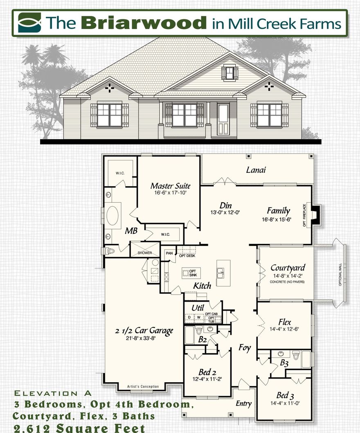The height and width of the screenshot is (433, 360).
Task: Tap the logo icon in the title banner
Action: point(30,23)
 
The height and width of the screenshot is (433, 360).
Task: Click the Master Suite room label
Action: point(170,186)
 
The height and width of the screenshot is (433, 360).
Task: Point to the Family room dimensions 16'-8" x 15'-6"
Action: point(279,219)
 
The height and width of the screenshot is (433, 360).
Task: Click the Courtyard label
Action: point(288,268)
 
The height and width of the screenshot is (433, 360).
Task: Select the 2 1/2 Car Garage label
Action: point(144,331)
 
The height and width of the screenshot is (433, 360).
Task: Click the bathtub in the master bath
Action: point(112,214)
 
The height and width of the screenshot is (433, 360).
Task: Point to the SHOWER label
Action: point(144,253)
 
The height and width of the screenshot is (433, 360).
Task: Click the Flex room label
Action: point(285,322)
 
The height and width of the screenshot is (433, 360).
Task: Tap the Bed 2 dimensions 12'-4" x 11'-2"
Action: point(207,379)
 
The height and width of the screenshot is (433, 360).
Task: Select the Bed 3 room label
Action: point(285,395)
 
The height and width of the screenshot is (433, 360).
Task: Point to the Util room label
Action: point(198,307)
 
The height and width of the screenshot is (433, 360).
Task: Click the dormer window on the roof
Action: point(229,73)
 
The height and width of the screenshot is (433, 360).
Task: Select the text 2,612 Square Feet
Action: point(79,428)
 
